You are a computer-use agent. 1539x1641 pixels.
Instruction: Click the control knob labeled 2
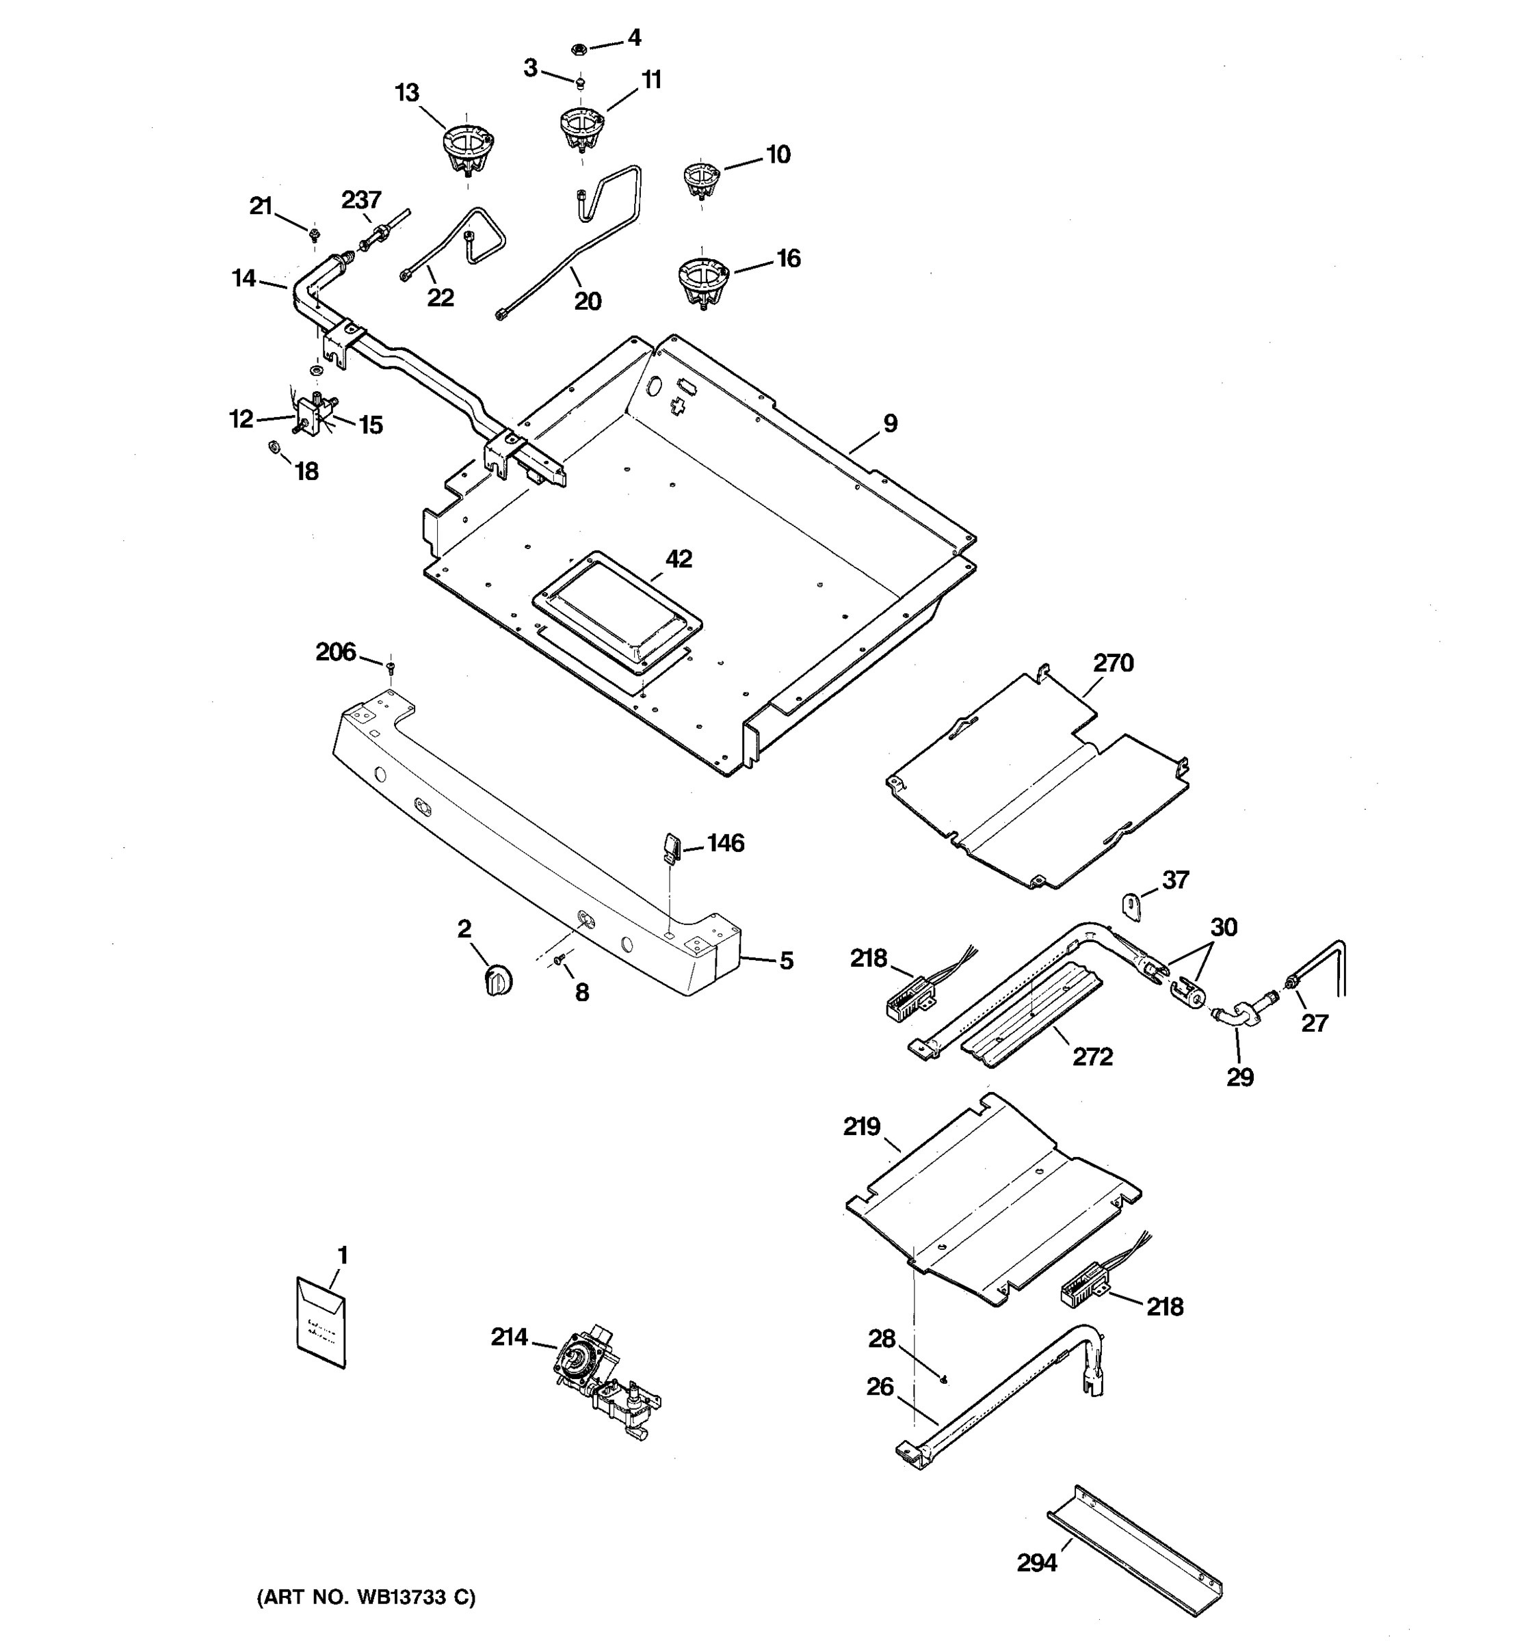coord(497,980)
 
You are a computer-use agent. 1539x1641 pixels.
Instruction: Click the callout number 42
coord(679,559)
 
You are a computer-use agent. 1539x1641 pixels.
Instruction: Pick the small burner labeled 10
coord(701,179)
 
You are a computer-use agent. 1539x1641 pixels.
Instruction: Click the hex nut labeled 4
coord(579,49)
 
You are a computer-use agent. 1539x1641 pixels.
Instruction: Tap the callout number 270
coord(1113,663)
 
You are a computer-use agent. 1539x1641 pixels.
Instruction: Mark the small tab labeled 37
coord(1132,905)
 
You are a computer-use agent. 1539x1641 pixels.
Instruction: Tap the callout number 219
coord(861,1127)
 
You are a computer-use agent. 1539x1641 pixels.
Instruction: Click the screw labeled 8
coord(562,959)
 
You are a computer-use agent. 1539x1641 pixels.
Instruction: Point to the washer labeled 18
coord(274,449)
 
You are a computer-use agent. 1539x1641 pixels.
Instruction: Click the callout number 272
coord(1092,1056)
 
